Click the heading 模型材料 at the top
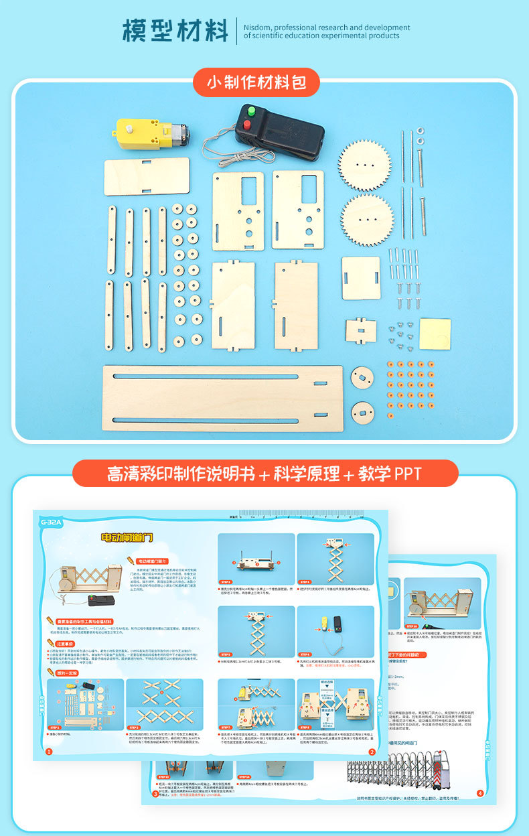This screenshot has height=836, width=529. (175, 31)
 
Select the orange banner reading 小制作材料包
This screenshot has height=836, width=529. (256, 82)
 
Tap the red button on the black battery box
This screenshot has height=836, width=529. (247, 125)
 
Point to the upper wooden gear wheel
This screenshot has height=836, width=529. (364, 164)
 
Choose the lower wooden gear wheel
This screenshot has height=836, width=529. (366, 219)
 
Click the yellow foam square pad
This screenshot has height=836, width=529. (435, 333)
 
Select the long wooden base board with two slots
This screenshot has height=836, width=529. (222, 398)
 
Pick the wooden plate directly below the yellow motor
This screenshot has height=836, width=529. (147, 176)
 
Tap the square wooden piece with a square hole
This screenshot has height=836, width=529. (360, 278)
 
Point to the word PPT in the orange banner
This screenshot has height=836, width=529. (407, 474)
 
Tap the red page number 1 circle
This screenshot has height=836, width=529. (49, 752)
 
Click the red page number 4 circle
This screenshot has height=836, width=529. (479, 793)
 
